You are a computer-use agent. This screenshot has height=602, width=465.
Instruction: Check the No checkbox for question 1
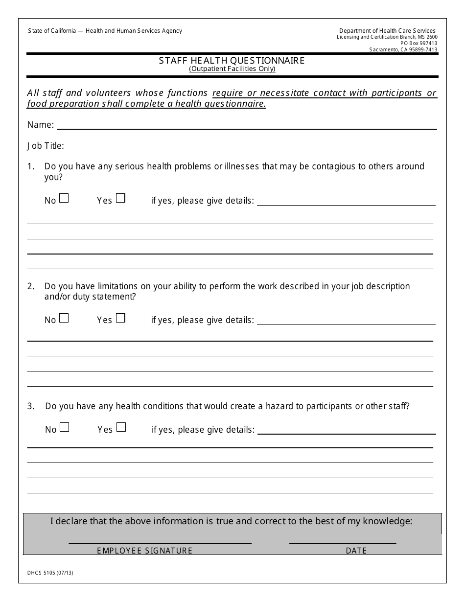[x=64, y=198]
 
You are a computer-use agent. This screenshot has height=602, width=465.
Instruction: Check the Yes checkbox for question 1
[x=120, y=198]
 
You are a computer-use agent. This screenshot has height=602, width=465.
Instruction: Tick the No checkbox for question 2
[x=64, y=318]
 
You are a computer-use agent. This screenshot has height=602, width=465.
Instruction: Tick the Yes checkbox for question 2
[x=120, y=318]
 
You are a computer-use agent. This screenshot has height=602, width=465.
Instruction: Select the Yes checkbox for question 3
[x=121, y=427]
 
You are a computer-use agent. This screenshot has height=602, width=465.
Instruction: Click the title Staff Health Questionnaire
[x=232, y=60]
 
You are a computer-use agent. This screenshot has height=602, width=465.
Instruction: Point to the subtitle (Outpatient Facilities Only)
[x=232, y=69]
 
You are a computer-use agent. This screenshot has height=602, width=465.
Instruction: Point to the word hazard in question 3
[x=280, y=406]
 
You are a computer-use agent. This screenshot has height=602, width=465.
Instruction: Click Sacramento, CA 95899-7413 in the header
[x=403, y=49]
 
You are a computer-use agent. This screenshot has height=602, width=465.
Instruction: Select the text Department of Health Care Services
[x=387, y=31]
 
